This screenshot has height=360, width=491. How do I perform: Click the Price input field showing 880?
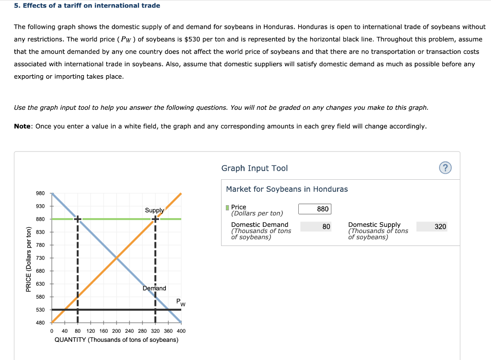(x=314, y=209)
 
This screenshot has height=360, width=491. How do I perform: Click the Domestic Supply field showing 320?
(x=432, y=226)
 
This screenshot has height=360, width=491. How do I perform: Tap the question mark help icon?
(x=445, y=168)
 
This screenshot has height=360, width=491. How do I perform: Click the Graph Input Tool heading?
(x=254, y=168)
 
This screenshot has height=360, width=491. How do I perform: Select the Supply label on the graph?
(x=154, y=210)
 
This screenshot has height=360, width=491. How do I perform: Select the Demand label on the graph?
(x=154, y=288)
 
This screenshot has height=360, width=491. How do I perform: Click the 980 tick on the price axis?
(x=40, y=193)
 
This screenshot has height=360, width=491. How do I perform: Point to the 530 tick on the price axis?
(x=40, y=310)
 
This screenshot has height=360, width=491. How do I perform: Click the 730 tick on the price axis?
(x=40, y=258)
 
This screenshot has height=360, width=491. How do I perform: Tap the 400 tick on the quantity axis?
(x=181, y=331)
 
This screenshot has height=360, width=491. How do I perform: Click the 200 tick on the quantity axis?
(x=116, y=331)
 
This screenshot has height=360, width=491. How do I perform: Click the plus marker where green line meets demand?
(x=78, y=219)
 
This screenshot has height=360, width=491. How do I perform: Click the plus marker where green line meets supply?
(x=155, y=219)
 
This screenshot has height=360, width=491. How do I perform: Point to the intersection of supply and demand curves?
(x=116, y=258)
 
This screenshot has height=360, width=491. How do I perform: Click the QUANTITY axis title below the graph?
(x=116, y=340)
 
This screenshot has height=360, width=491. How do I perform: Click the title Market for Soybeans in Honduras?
(x=287, y=189)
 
